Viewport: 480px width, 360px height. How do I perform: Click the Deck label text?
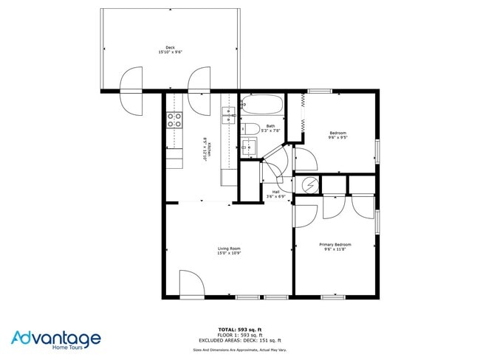click(170, 49)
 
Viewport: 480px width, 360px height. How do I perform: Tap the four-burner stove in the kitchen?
click(174, 120)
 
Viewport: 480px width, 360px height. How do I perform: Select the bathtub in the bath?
click(262, 106)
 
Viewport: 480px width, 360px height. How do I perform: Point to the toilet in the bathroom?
click(251, 130)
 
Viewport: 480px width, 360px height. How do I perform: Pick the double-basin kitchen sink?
click(229, 114)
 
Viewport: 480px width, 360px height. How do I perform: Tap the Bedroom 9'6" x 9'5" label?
click(337, 135)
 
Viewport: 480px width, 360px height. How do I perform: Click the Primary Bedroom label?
click(335, 246)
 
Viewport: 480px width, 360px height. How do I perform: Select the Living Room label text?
click(229, 251)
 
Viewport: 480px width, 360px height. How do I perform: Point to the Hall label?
click(275, 194)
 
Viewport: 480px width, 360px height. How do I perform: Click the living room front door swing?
click(191, 284)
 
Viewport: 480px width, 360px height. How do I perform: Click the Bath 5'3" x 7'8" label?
click(270, 128)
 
